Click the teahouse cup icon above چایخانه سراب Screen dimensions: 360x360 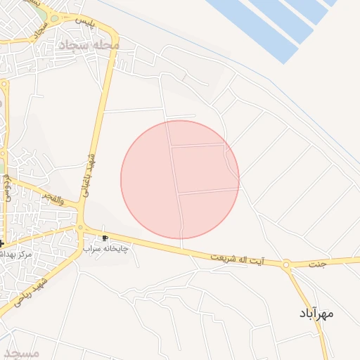105,238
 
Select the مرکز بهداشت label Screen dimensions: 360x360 15,252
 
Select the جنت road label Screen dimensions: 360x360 318,264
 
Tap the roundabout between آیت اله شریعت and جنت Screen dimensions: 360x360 286,265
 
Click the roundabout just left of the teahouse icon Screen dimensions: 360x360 80,228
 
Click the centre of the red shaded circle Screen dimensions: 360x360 180,179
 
